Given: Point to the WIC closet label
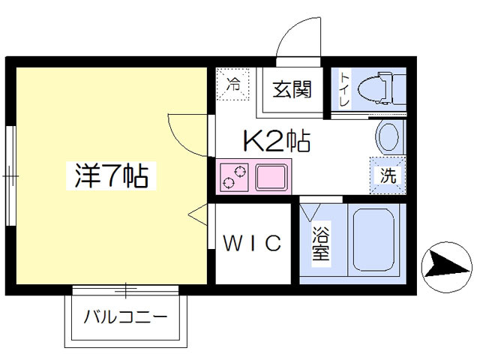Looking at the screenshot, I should [253, 243].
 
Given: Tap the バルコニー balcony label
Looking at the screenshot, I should [125, 316].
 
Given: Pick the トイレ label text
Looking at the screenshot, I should [344, 89].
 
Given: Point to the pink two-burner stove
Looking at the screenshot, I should [235, 178].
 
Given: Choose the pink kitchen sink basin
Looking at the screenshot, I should [271, 178].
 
